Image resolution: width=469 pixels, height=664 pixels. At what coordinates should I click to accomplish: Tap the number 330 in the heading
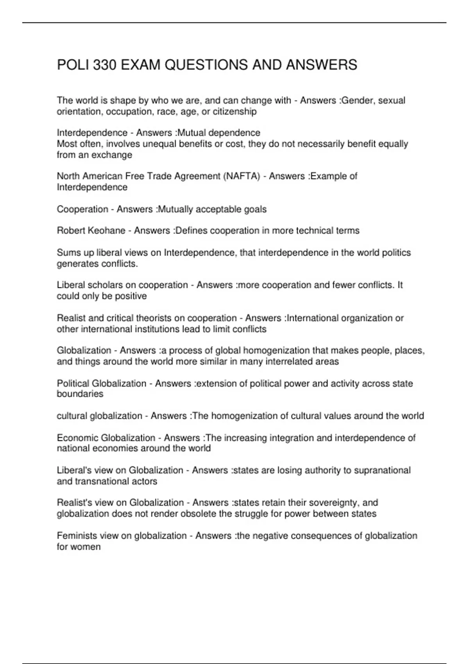coord(104,65)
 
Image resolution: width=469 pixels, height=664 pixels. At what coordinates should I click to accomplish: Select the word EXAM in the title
coord(141,65)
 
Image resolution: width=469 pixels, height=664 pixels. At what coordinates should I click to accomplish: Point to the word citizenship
coord(234,112)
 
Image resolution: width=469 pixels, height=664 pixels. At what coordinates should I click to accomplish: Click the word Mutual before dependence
coord(191,133)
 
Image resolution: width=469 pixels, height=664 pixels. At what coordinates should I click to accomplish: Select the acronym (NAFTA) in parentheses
coord(241,176)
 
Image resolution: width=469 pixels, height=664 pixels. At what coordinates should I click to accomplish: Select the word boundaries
coord(80,394)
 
